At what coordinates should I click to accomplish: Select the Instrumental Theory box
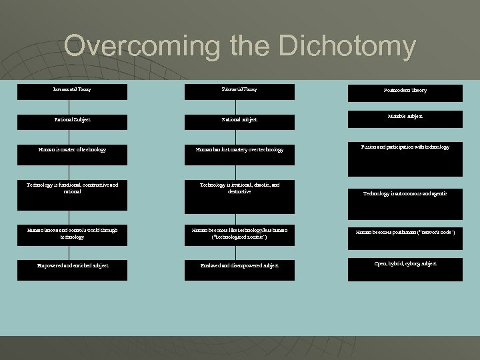tap(72, 89)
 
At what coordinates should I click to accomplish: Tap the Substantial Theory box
tap(239, 89)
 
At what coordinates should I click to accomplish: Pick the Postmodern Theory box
tap(405, 91)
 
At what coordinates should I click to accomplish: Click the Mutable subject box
tap(405, 118)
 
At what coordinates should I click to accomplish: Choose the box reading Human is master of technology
tap(72, 150)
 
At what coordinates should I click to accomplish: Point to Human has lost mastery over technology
tap(239, 150)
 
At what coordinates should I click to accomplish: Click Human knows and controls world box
tap(72, 234)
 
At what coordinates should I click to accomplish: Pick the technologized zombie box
tap(239, 234)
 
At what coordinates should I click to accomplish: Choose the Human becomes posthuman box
tap(405, 234)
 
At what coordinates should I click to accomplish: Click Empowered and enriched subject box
tap(72, 266)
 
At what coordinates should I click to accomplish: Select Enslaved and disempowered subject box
tap(239, 266)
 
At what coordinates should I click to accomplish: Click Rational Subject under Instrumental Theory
tap(72, 120)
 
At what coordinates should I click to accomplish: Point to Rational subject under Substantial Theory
tap(239, 120)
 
